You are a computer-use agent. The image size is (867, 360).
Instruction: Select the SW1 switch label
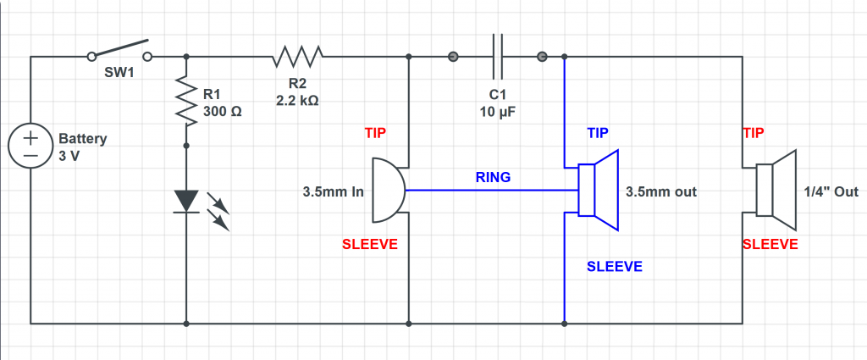pos(119,73)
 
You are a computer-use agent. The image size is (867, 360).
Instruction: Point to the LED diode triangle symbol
pos(185,201)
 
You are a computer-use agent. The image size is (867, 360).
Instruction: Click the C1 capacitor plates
pos(498,57)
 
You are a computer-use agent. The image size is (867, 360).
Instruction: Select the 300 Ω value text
pos(224,110)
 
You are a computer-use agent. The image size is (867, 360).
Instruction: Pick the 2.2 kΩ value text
pos(297,99)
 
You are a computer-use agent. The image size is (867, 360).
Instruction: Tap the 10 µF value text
pos(497,111)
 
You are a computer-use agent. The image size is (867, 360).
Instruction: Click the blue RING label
pos(492,178)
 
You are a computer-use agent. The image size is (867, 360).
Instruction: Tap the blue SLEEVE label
pos(615,267)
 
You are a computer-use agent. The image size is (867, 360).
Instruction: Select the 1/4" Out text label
pos(834,192)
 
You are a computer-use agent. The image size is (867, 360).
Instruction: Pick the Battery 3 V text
pos(81,147)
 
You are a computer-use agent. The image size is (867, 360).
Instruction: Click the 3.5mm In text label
pos(333,192)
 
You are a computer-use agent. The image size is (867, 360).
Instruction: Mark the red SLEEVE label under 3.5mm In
pos(369,244)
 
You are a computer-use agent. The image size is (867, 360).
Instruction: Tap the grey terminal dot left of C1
pos(453,57)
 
